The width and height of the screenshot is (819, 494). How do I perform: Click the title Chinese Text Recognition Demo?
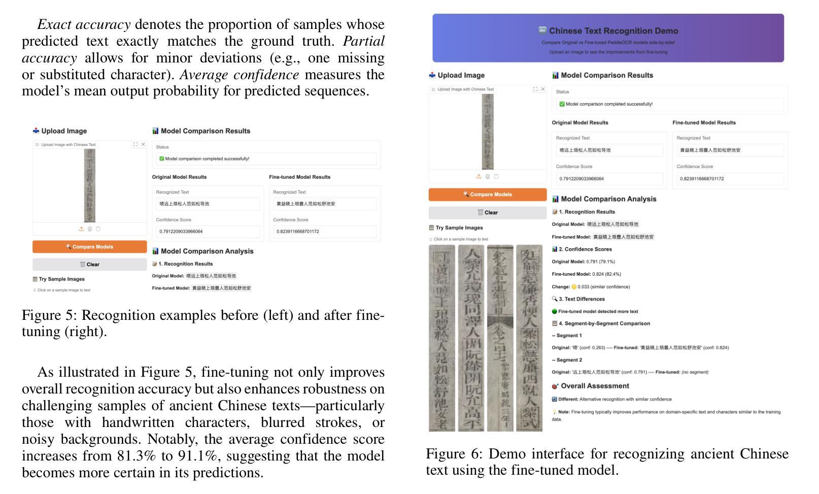[613, 31]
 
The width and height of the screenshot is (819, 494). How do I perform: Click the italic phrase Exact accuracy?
[84, 24]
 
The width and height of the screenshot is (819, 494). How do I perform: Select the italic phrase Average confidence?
[239, 75]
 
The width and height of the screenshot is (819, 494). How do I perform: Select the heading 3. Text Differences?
[582, 299]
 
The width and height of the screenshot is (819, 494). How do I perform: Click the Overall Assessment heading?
[595, 386]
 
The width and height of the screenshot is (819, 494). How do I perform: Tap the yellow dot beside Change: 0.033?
[574, 287]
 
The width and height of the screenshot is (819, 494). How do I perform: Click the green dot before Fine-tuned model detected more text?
[555, 312]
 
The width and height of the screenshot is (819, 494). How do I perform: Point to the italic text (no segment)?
[695, 372]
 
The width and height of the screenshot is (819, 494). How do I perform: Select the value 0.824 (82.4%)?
[603, 274]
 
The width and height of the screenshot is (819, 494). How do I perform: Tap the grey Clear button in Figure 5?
[90, 265]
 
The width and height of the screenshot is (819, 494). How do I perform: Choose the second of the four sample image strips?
[471, 338]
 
